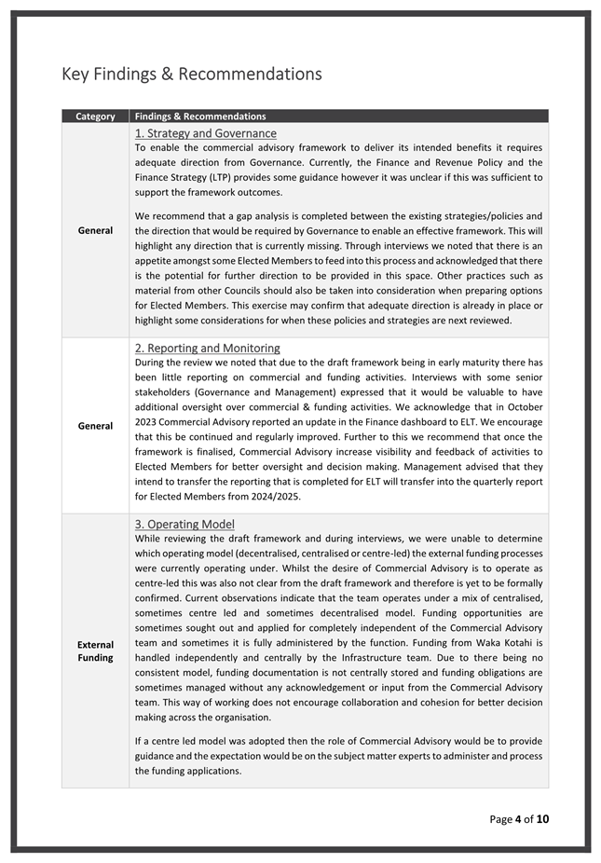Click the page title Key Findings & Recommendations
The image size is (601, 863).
[191, 74]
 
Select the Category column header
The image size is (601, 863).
[95, 116]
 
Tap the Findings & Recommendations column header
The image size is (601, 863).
[200, 116]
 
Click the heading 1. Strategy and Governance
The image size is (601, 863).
[206, 133]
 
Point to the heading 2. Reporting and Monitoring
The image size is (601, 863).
[207, 348]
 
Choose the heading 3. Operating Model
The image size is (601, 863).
[184, 524]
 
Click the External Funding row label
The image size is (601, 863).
[95, 651]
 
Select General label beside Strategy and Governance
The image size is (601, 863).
[95, 230]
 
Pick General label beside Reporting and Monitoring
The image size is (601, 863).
[95, 426]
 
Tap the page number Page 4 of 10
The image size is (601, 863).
[519, 819]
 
